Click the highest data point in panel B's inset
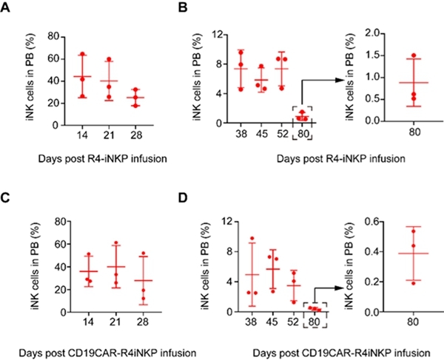(x=414, y=55)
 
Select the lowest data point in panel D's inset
(x=414, y=282)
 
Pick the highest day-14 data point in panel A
(x=83, y=54)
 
